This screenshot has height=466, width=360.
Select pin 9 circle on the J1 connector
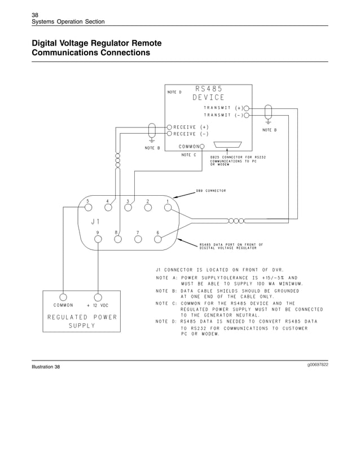coord(98,239)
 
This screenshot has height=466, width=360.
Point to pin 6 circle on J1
coord(157,239)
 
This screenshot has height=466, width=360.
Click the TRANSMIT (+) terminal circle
coord(247,108)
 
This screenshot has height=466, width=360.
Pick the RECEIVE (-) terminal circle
coord(169,134)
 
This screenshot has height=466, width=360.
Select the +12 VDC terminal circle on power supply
coord(98,297)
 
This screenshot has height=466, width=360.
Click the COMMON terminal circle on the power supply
coord(63,297)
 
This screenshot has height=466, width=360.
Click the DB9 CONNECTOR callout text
coord(211,191)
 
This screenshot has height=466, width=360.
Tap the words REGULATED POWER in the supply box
coord(82,317)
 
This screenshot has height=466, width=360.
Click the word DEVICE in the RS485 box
coord(208,97)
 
